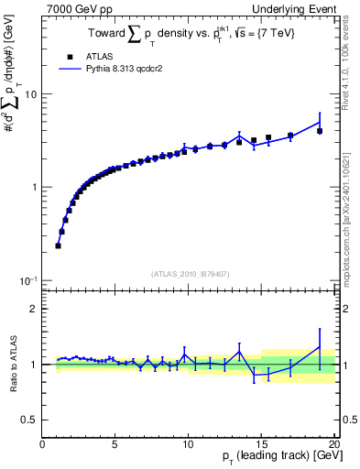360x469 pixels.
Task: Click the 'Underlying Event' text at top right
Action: click(x=298, y=8)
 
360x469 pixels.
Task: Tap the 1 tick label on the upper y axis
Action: click(x=34, y=187)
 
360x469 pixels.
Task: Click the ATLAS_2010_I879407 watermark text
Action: click(x=190, y=272)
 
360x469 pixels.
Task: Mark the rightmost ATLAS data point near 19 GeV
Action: click(x=319, y=131)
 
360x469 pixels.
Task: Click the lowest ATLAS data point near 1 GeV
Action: click(x=59, y=245)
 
